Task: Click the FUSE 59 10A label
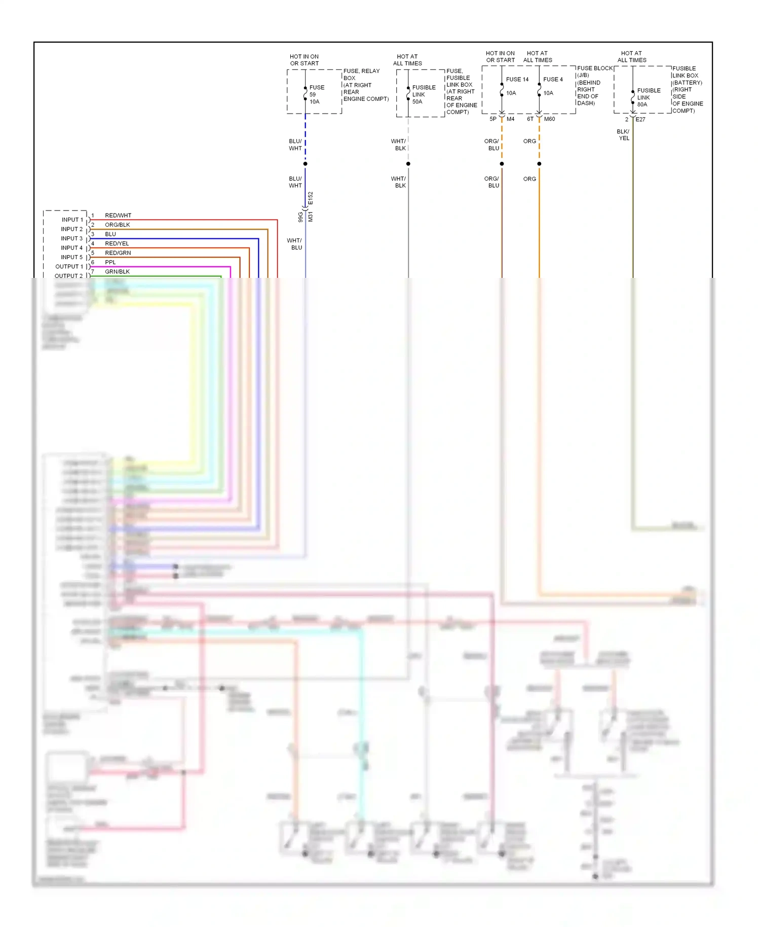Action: coord(316,94)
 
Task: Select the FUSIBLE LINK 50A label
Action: coord(423,94)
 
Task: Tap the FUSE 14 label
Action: coord(517,80)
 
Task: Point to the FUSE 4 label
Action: coord(553,80)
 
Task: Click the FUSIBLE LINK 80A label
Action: coord(648,97)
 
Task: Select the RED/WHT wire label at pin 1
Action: coord(118,216)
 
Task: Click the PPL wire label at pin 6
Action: coord(110,262)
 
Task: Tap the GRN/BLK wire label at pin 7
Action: coord(117,272)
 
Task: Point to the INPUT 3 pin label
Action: coord(71,238)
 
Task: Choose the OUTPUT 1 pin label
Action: coord(69,267)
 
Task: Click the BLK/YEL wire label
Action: coord(623,135)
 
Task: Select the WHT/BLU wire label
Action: coord(294,244)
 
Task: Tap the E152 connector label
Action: coord(311,198)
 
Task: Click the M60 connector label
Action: coord(549,119)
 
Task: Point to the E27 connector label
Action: coord(640,120)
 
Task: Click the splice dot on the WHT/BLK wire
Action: coord(408,164)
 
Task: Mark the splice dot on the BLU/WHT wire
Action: coord(306,164)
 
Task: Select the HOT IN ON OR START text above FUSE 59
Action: coord(304,60)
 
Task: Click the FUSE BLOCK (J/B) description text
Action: coord(594,85)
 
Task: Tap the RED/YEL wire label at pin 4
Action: coord(117,243)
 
